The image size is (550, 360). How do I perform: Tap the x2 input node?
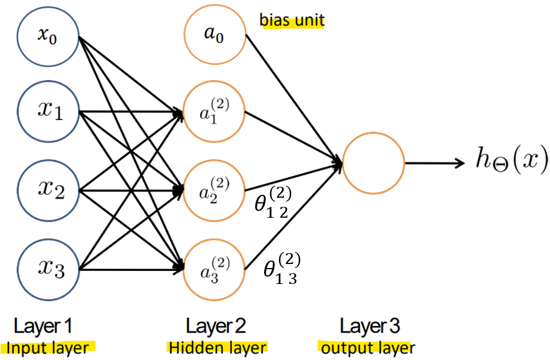pyautogui.click(x=47, y=189)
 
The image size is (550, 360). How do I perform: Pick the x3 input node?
pyautogui.click(x=47, y=267)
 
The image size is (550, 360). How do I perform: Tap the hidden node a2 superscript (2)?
pyautogui.click(x=214, y=190)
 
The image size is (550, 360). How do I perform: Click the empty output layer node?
pyautogui.click(x=373, y=163)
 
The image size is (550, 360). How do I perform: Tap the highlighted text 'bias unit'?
pyautogui.click(x=292, y=21)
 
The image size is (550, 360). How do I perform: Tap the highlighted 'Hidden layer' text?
pyautogui.click(x=217, y=347)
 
